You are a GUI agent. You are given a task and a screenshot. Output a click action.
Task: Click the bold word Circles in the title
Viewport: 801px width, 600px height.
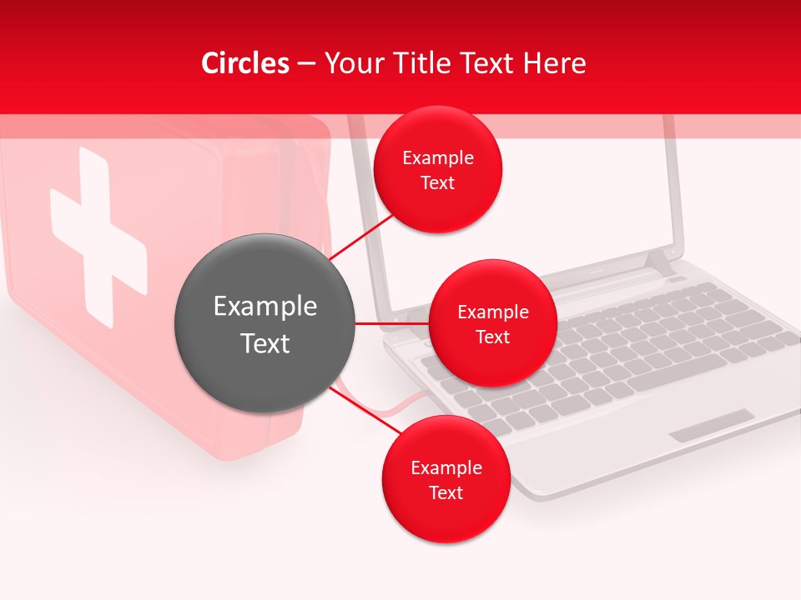coord(245,63)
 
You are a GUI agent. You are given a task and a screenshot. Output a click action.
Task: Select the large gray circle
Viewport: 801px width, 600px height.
coord(264,323)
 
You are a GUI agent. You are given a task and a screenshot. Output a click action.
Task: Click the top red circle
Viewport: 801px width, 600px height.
coord(438,169)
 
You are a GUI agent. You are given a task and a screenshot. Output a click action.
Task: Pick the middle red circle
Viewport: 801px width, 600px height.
coord(492,323)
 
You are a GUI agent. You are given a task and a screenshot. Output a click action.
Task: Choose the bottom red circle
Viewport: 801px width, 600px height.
coord(446,479)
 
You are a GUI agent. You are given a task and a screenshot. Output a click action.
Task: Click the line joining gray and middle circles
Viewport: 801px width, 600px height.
coord(391,323)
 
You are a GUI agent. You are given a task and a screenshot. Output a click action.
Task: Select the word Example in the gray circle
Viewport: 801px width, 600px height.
coord(265,307)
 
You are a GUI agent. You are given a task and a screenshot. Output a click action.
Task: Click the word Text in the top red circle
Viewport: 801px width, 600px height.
coord(438,183)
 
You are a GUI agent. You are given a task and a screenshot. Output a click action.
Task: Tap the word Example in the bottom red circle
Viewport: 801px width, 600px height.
coord(446,467)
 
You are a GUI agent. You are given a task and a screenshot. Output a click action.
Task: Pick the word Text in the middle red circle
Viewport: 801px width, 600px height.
coord(492,337)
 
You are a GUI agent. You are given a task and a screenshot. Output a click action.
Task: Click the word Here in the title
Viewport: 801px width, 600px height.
coord(556,63)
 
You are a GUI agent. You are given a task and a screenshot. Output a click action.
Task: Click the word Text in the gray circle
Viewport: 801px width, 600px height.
coord(265,343)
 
